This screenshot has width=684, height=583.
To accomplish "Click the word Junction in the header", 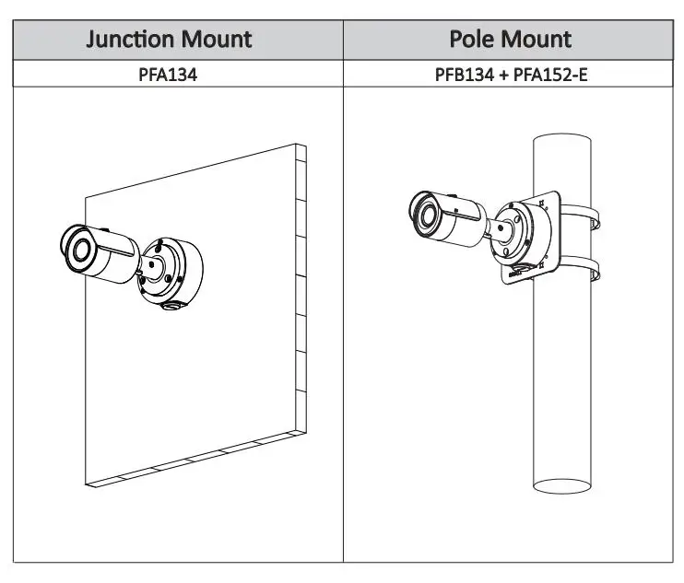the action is point(130,40).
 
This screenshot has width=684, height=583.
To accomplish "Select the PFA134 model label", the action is point(168,75).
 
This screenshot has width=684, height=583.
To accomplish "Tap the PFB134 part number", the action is point(465,75).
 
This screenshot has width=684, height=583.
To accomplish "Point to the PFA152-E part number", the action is point(550,75).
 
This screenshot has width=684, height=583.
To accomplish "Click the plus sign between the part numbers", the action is point(504,76).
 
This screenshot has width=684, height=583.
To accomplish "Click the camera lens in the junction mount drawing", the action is point(81,251).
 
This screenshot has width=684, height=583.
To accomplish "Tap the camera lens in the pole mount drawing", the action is point(427,216).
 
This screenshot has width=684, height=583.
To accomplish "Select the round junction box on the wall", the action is point(171,274).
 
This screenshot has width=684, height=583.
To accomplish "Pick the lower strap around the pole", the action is point(579,267).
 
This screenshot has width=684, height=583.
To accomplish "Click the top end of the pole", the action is point(562,138).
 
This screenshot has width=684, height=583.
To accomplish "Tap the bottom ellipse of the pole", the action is point(562,486).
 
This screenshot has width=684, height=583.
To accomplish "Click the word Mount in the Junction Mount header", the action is point(217,40).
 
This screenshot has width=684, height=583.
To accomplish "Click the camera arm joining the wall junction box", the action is point(151,266).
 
